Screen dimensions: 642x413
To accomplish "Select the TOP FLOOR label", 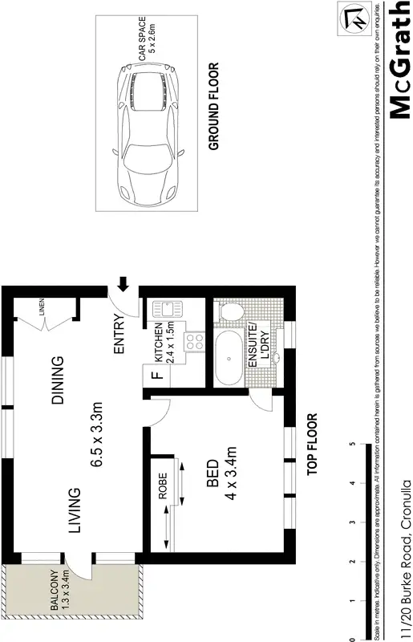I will coord(313,445).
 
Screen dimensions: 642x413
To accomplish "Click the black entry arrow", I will coord(123,283).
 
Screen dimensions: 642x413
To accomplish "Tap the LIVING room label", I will coord(74,510).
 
